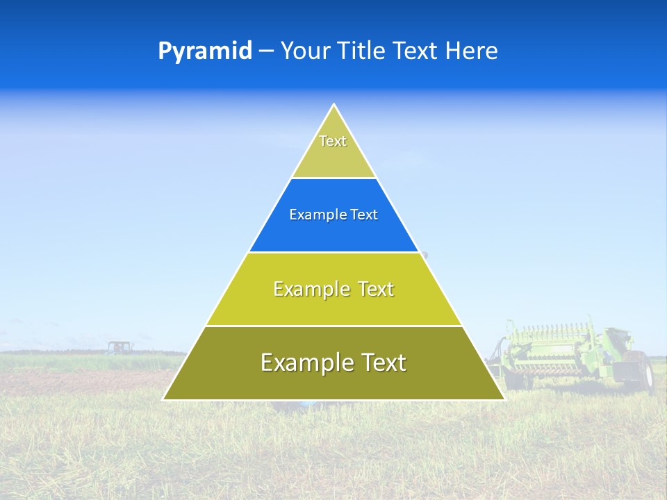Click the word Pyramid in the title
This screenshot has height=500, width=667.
click(205, 51)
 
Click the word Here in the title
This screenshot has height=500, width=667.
click(472, 51)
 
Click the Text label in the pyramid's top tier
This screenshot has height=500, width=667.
click(333, 141)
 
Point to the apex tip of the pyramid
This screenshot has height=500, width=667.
click(334, 105)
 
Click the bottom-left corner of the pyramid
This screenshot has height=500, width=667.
click(163, 399)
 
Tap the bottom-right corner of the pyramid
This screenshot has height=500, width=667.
click(504, 399)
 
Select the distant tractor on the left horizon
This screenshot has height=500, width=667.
click(118, 347)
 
